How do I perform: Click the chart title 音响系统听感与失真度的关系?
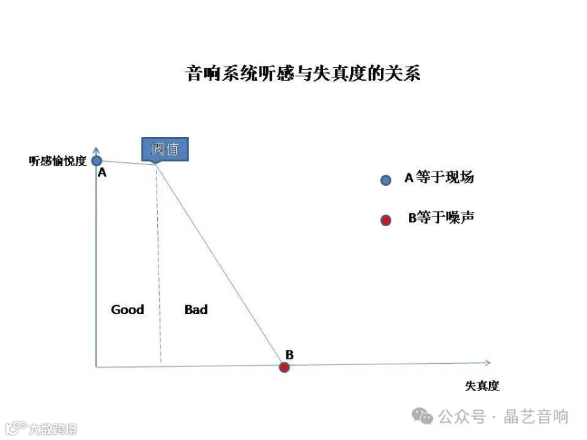coord(303,73)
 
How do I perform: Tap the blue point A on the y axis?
coord(97,160)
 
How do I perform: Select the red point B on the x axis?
coord(284,367)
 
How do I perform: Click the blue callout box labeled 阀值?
coord(165,149)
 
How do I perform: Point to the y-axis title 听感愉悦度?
coord(57,161)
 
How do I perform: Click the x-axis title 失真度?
coord(482,385)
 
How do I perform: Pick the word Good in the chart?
coord(127,310)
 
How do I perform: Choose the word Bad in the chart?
coord(196,310)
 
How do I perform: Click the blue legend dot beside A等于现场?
coord(385,180)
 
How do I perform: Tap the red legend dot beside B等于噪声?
coord(385,220)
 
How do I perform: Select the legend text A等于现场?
coord(438,177)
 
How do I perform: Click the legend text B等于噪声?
coord(441,218)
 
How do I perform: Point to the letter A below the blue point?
coord(102,173)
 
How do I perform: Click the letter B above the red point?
coord(289,355)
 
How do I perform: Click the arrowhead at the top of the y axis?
coord(97,151)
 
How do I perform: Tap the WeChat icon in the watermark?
coord(425,416)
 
